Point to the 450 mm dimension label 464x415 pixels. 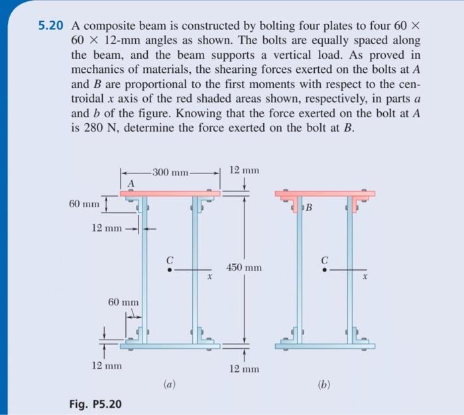245,267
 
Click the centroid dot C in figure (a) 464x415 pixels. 170,269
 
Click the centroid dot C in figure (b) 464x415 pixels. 324,269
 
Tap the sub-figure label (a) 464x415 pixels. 169,383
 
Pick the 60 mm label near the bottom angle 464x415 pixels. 123,302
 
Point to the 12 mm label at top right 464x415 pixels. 244,170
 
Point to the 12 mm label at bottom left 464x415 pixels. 105,365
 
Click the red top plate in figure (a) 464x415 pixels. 170,193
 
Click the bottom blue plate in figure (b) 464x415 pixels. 325,346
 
